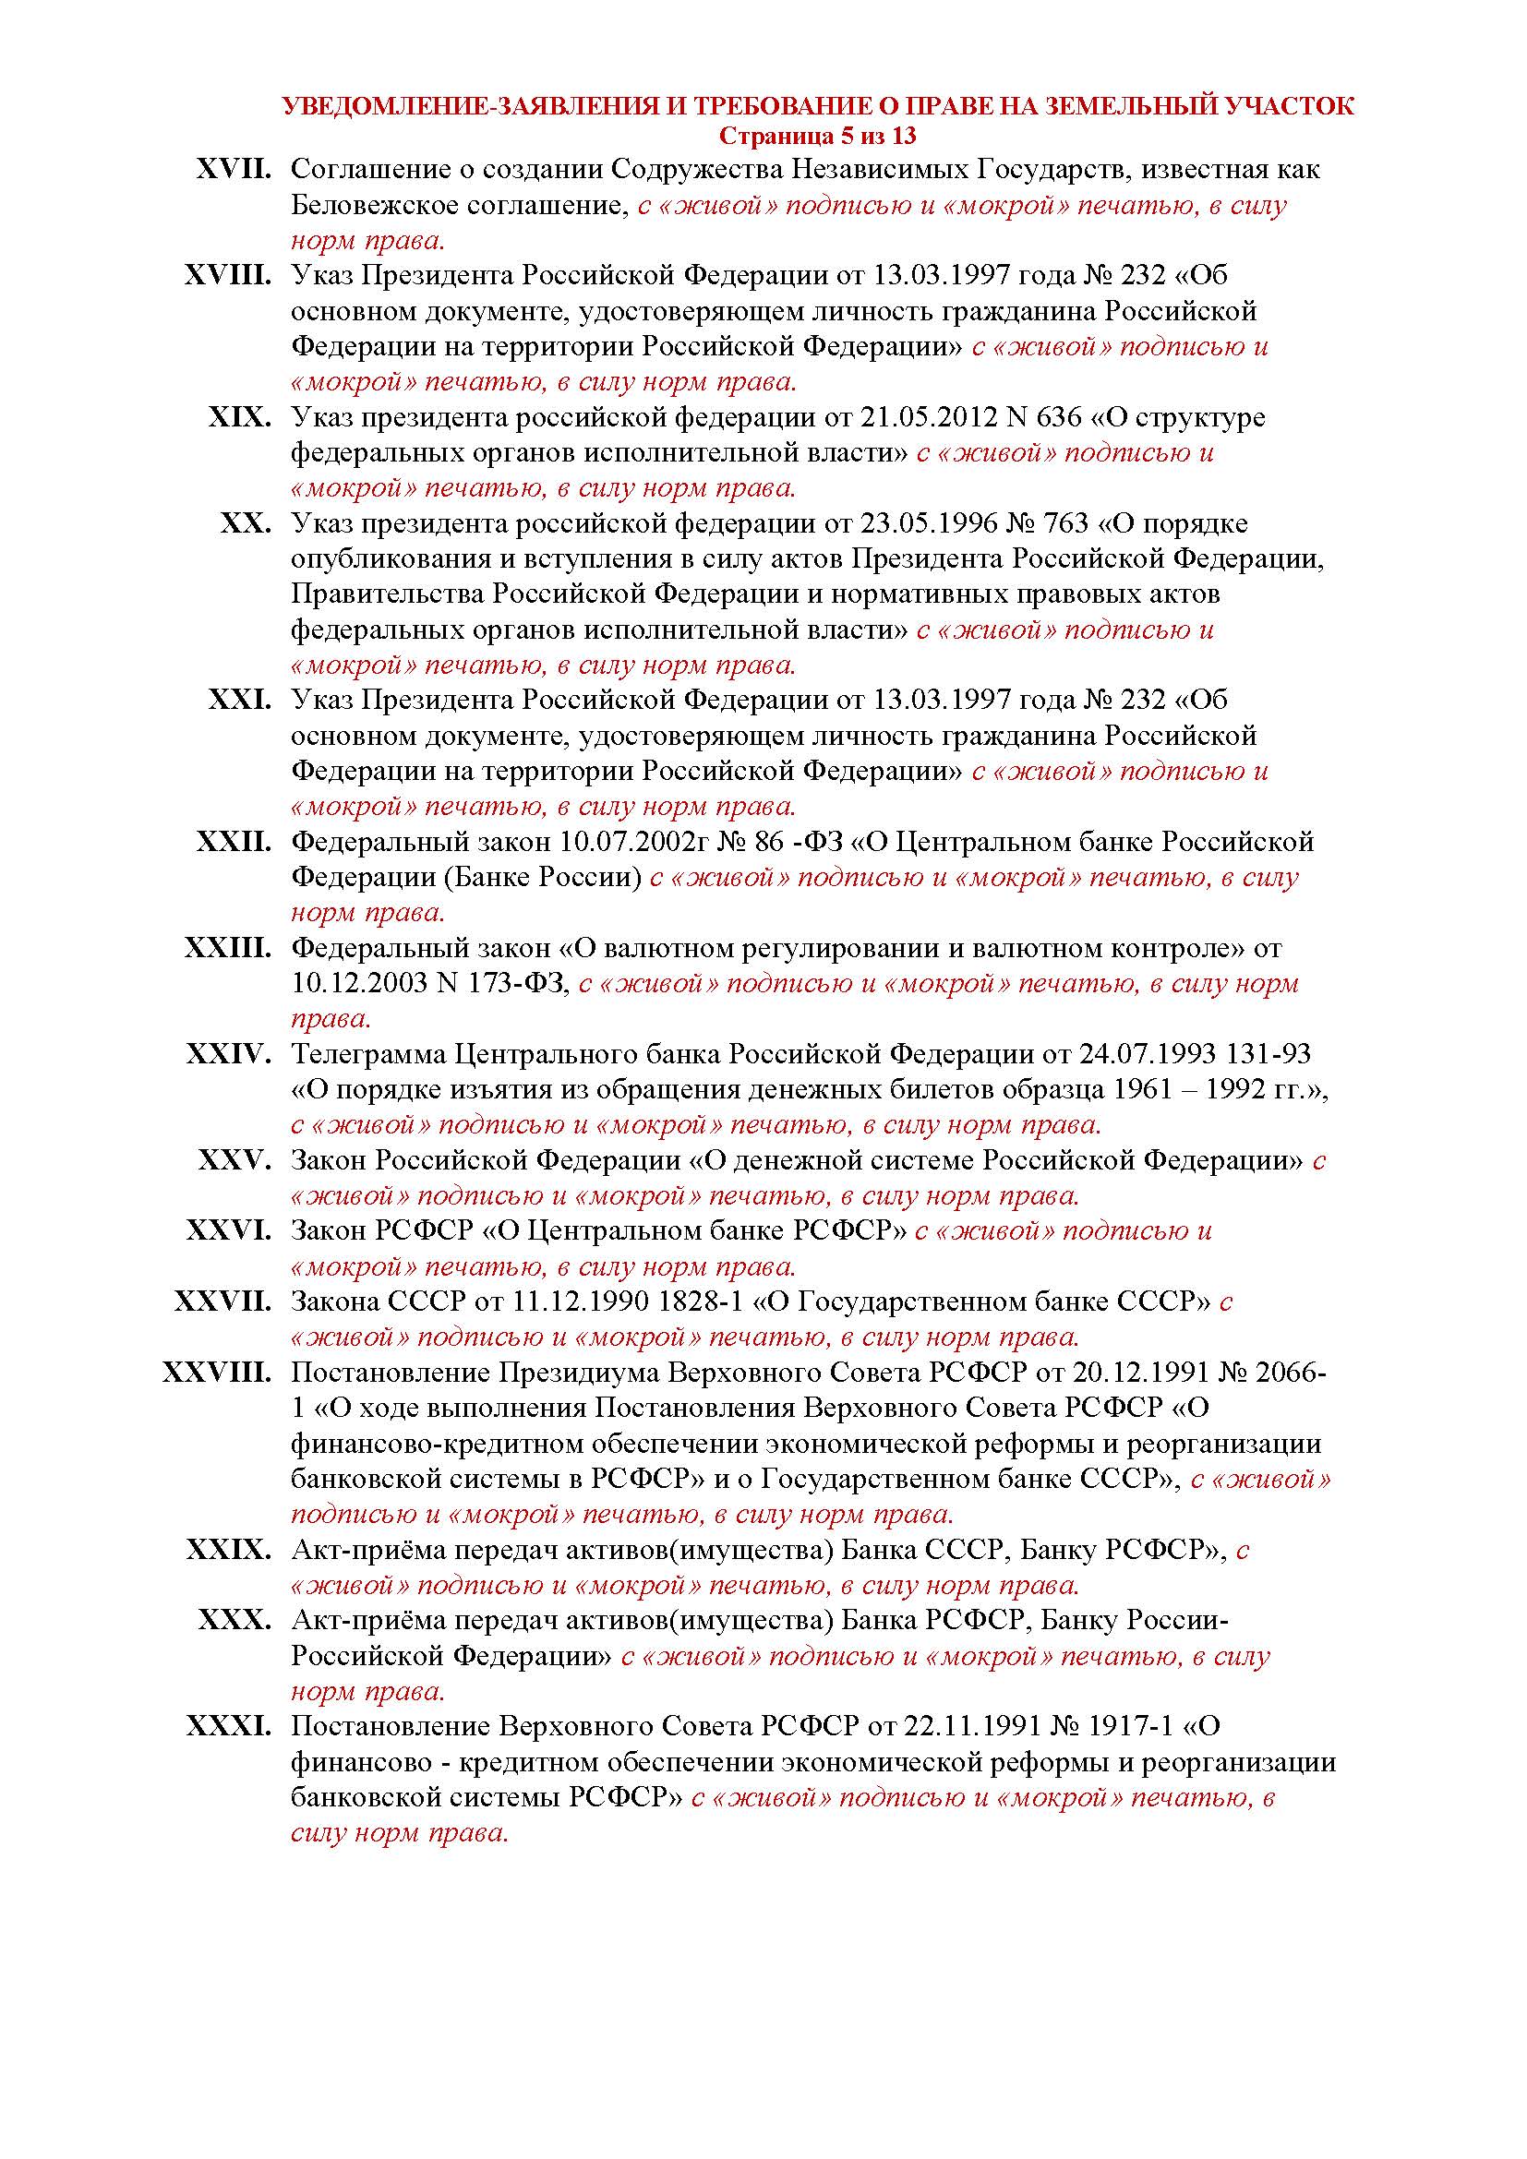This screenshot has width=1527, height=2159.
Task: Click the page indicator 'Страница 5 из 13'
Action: point(817,137)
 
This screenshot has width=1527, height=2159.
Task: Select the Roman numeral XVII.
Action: point(234,170)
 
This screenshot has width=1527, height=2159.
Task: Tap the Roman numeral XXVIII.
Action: point(216,1373)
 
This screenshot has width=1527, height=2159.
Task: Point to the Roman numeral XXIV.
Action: point(228,1055)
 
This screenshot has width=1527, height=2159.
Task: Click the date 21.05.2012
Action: point(920,417)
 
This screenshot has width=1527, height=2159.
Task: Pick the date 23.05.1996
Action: point(920,523)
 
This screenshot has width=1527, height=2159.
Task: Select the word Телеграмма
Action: point(367,1055)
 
